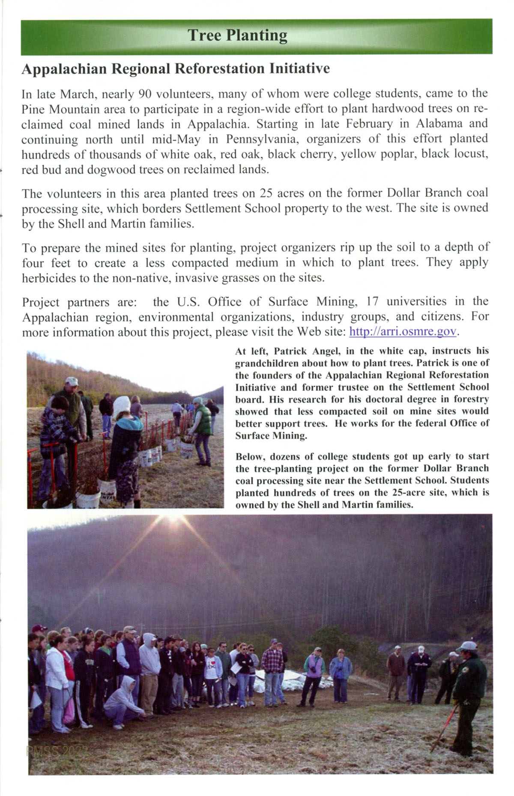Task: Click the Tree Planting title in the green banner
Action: coord(237,36)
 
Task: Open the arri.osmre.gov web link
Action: coord(403,332)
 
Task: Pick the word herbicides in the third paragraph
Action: coord(48,278)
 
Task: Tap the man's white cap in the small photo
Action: coord(72,381)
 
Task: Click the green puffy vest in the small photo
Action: coord(203,420)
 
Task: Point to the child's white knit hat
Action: coord(122,404)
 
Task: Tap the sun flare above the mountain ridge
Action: coord(175,519)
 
